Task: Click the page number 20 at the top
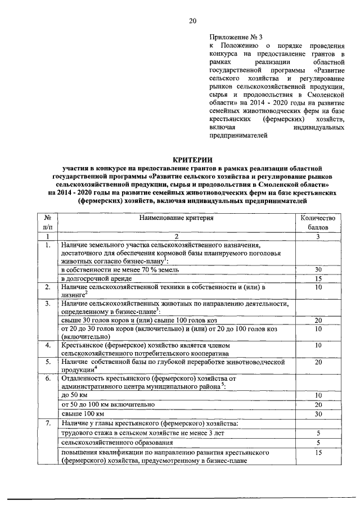tap(192, 21)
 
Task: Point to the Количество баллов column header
tap(318, 223)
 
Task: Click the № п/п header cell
tap(48, 223)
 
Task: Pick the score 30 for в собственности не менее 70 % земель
tap(318, 269)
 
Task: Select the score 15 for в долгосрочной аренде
tap(318, 278)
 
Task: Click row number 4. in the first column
tap(48, 345)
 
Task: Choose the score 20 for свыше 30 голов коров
tap(318, 320)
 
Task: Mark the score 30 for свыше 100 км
tap(318, 413)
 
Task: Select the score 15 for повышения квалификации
tap(318, 452)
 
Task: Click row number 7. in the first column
tap(48, 422)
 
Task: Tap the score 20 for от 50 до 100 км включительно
tap(318, 405)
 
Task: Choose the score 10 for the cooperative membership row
tap(318, 345)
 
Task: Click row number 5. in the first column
tap(48, 362)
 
